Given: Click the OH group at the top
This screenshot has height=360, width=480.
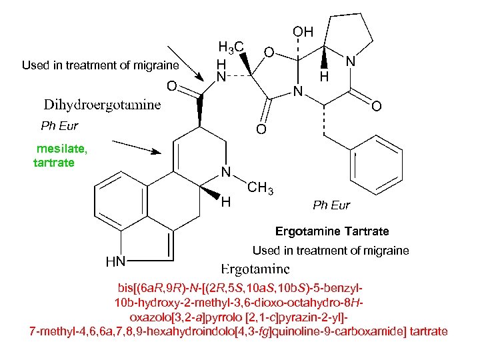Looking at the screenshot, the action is [x=302, y=32].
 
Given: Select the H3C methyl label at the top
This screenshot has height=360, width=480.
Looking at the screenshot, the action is [x=231, y=47].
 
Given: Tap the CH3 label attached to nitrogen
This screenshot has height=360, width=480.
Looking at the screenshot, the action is [x=261, y=189].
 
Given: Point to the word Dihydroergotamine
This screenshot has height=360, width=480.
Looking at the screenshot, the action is [x=102, y=105].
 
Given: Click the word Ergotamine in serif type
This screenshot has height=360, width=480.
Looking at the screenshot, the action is [x=255, y=269].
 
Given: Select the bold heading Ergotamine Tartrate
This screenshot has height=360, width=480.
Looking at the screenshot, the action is [x=332, y=231].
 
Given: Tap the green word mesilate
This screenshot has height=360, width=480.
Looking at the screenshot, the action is [x=62, y=149].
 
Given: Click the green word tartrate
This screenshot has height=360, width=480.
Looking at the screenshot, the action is [x=54, y=163].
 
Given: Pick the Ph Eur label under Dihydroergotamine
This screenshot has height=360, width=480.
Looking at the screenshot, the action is [x=59, y=125].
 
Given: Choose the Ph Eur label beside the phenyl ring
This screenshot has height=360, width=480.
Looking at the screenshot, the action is [x=331, y=205].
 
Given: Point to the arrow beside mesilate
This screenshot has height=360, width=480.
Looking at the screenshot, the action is [x=137, y=147].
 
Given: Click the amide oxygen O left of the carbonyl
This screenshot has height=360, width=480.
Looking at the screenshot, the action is [x=171, y=86].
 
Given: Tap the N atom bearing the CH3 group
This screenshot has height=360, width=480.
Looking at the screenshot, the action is [x=226, y=172].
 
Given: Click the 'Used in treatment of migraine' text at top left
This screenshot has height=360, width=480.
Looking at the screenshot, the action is [x=100, y=65].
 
